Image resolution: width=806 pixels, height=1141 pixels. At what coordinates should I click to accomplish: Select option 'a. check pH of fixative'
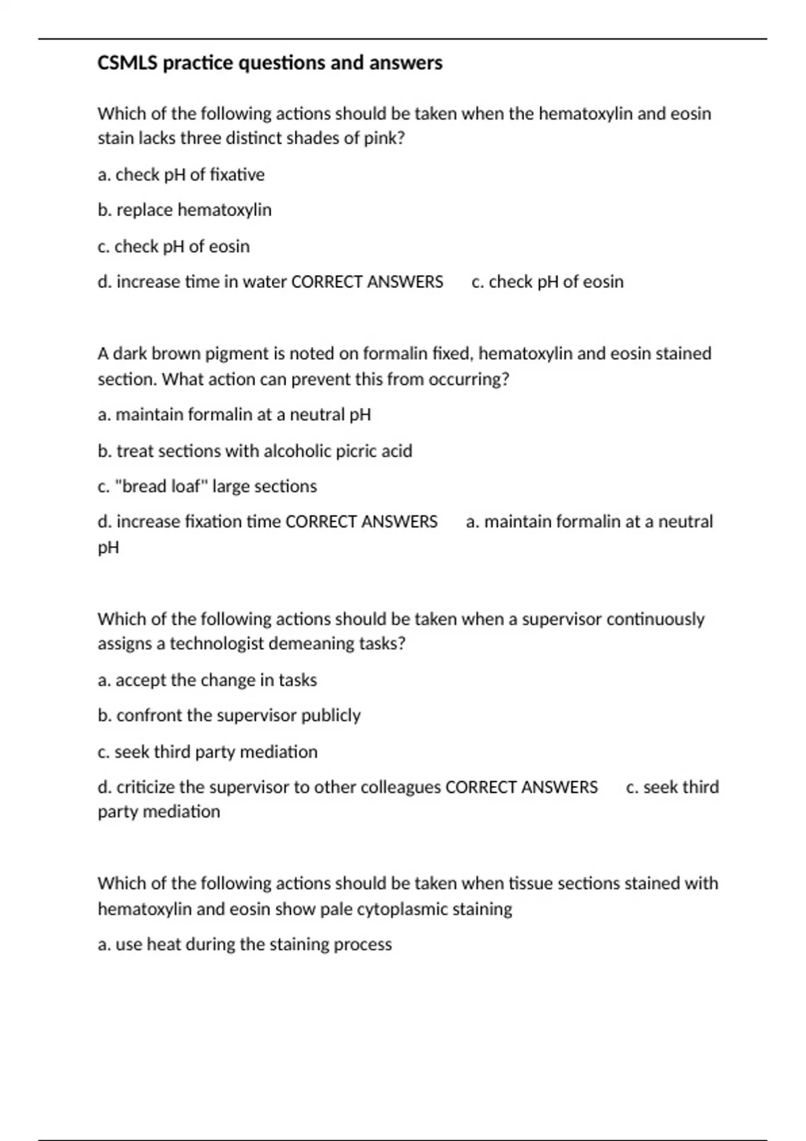coord(181,175)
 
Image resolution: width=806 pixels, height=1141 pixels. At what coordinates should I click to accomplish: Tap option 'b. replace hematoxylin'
coord(184,210)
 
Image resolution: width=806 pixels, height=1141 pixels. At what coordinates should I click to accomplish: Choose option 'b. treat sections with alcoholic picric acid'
coord(255,451)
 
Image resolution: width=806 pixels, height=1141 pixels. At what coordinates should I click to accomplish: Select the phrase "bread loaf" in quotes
coord(162,487)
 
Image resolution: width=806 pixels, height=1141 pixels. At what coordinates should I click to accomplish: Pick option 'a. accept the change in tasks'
coord(207,680)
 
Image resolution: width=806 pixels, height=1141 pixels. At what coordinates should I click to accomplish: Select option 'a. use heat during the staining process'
coord(244,944)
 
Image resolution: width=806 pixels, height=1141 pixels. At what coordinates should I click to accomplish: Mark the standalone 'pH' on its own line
coord(108,548)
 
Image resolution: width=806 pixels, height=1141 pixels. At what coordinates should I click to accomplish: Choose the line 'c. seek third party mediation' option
coord(207,752)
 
